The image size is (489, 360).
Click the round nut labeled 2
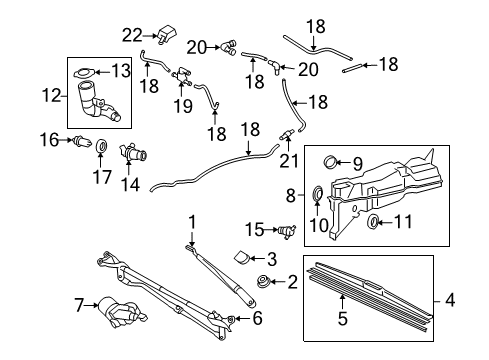[x=264, y=282]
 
